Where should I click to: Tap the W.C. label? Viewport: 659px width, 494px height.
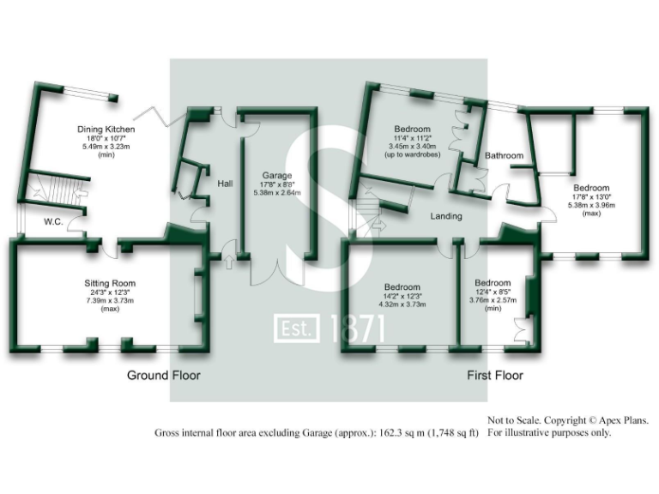54,221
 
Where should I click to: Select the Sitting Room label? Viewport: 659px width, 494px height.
110,284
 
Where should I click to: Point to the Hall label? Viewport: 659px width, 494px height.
225,184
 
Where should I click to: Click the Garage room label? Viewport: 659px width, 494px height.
277,175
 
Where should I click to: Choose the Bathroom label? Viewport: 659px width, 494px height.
504,156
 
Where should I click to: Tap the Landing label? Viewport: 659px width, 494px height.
447,216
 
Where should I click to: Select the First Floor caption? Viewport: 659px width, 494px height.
495,376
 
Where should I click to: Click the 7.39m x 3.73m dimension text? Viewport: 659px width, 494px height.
110,302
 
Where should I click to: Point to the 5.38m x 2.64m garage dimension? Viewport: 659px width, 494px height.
277,193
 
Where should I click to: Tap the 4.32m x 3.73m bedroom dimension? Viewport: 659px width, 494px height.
402,304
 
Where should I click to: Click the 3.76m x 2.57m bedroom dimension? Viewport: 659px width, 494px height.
493,301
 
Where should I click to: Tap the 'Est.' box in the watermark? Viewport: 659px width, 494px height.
296,328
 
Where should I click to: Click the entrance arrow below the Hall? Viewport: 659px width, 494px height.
230,258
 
